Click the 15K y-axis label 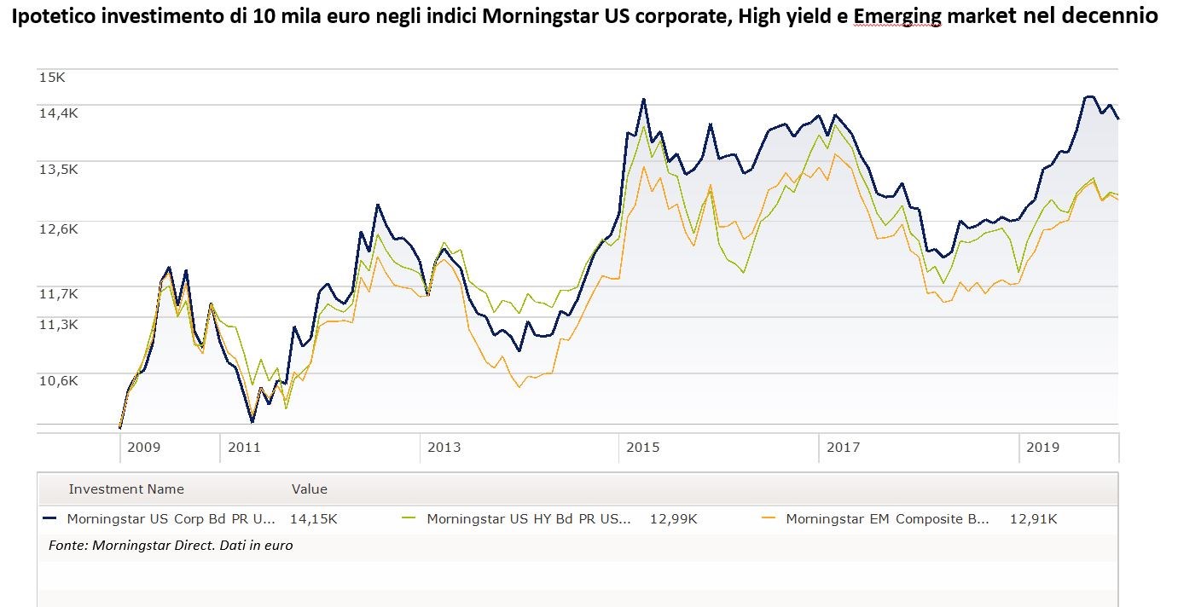52,77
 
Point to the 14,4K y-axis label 58,112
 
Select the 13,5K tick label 58,169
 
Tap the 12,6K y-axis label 58,228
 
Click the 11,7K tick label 58,293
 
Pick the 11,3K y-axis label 58,324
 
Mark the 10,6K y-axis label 58,380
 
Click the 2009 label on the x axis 143,447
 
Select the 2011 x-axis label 244,447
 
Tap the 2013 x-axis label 444,447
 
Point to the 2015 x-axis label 643,447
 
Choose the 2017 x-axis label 843,447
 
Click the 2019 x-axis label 1042,447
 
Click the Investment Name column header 126,489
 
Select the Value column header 310,489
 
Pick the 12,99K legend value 673,518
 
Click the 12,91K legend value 1033,518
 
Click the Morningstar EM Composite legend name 887,518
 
